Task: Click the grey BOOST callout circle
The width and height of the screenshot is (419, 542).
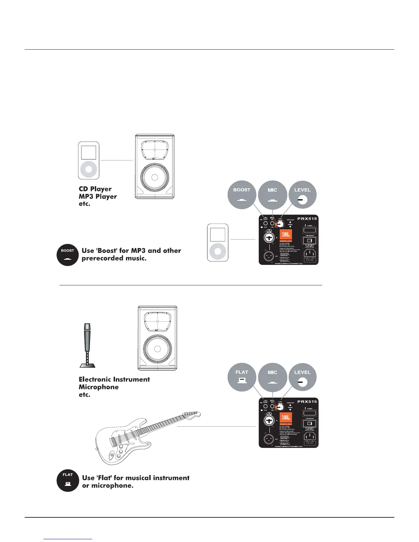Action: click(x=242, y=195)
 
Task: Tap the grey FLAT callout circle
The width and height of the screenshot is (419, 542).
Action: click(x=242, y=377)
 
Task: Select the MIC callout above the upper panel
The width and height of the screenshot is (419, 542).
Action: click(x=272, y=195)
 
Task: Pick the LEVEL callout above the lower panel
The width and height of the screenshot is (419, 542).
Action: click(x=302, y=377)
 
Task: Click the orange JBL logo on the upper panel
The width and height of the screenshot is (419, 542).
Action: click(x=285, y=235)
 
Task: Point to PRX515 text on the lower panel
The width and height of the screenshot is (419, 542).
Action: click(x=307, y=401)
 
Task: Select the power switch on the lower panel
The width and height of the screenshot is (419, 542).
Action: click(x=309, y=413)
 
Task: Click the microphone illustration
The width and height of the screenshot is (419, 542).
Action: click(x=88, y=345)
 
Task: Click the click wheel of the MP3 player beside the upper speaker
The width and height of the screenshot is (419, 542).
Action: click(x=89, y=169)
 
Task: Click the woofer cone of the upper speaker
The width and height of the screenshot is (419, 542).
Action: click(x=155, y=178)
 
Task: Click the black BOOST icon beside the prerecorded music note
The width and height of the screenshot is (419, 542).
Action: click(x=67, y=255)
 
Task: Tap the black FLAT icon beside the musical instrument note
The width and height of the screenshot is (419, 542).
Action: click(x=68, y=480)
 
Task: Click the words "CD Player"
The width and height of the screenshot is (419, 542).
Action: click(x=95, y=189)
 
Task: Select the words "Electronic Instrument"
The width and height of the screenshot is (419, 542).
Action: click(x=114, y=379)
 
